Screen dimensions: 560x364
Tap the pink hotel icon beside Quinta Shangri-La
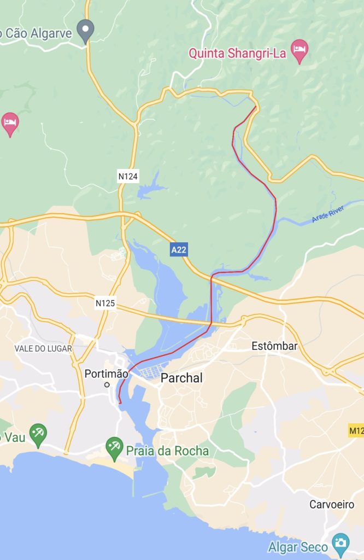[299, 50]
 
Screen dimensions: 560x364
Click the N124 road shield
[128, 176]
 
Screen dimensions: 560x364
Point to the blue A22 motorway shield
[179, 250]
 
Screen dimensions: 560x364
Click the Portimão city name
[106, 374]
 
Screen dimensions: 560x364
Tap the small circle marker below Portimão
[107, 385]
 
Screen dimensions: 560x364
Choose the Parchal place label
[181, 378]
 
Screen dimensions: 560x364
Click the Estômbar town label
[274, 346]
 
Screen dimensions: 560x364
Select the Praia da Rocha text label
[167, 451]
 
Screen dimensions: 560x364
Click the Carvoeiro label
[332, 504]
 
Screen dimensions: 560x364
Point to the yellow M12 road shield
[356, 431]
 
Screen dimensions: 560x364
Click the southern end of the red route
[120, 403]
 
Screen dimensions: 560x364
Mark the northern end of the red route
[255, 107]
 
